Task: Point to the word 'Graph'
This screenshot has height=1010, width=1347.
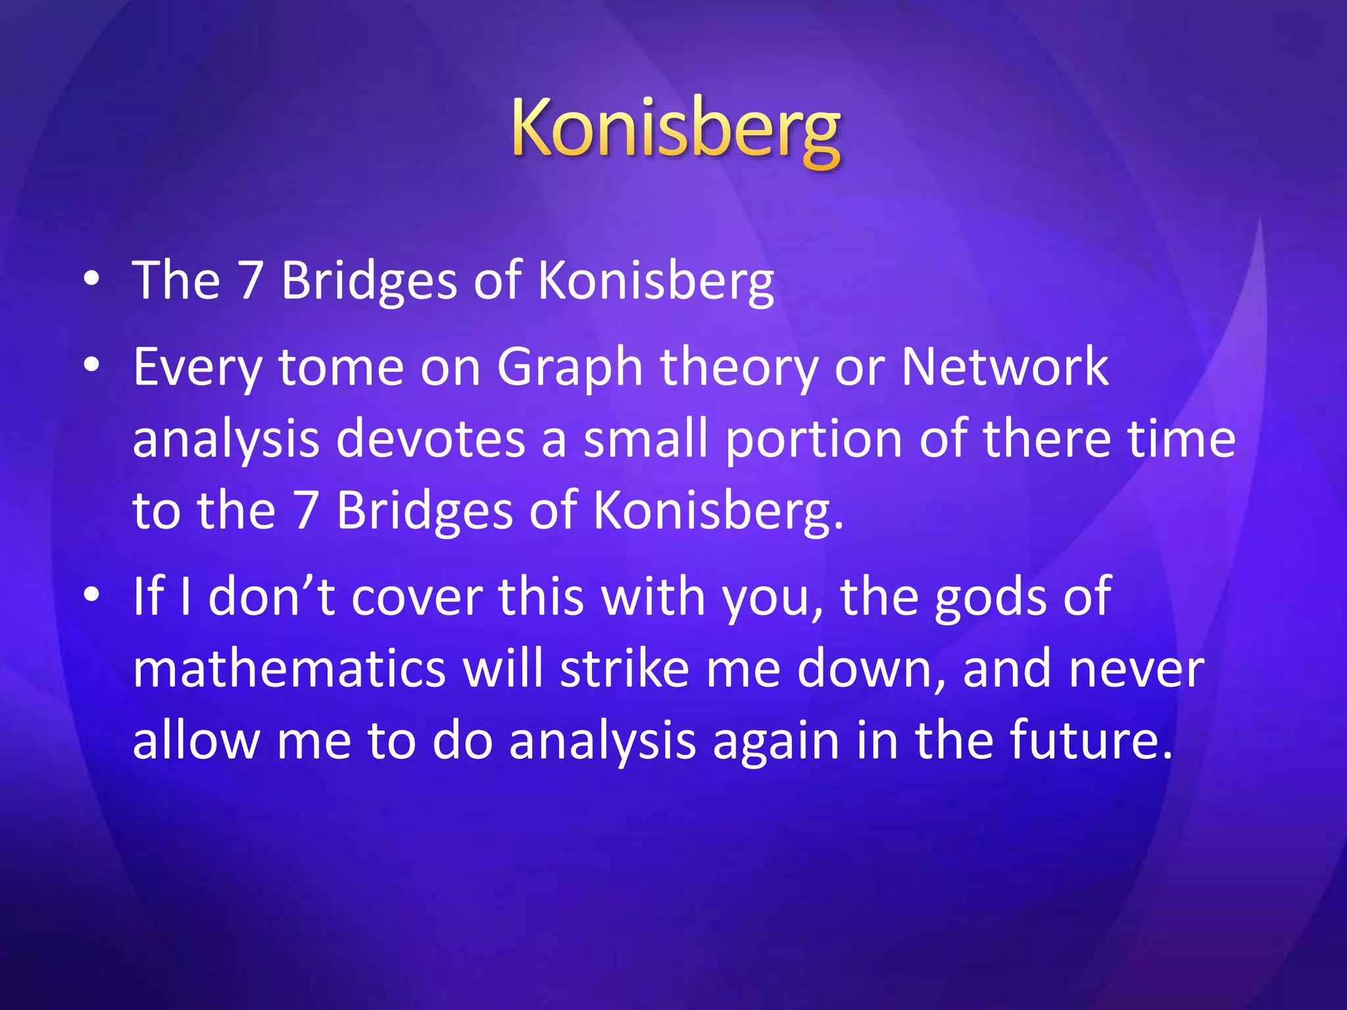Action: tap(569, 368)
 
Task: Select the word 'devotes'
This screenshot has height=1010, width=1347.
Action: tap(430, 439)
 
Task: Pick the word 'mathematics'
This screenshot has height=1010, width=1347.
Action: tap(289, 669)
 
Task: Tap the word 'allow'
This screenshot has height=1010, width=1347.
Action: tap(196, 740)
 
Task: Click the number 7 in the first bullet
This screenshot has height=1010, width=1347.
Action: tap(250, 281)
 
